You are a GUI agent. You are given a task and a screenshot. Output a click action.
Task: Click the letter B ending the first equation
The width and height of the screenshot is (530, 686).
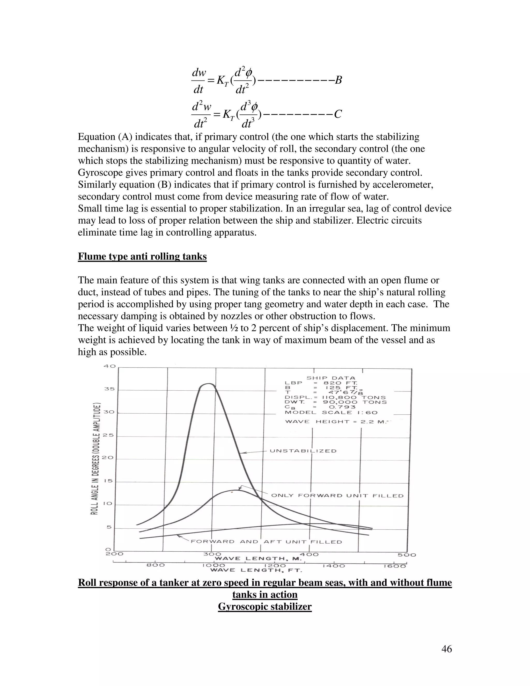coord(338,81)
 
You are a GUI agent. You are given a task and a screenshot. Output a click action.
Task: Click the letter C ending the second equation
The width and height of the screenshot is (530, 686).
coord(338,114)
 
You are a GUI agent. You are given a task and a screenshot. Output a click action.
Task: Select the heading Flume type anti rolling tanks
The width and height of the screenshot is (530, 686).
coord(142,257)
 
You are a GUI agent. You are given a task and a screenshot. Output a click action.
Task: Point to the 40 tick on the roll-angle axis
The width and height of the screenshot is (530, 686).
coord(110,366)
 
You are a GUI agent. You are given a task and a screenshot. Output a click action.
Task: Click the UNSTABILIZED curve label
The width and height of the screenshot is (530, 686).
coord(303,451)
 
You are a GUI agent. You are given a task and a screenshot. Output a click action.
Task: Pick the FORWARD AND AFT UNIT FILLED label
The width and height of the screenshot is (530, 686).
coord(266,542)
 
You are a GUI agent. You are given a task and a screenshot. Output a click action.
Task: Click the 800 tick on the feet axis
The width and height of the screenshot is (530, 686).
coord(156,565)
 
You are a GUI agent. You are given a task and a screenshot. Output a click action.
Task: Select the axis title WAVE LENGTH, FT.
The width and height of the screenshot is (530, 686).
coord(256,570)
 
